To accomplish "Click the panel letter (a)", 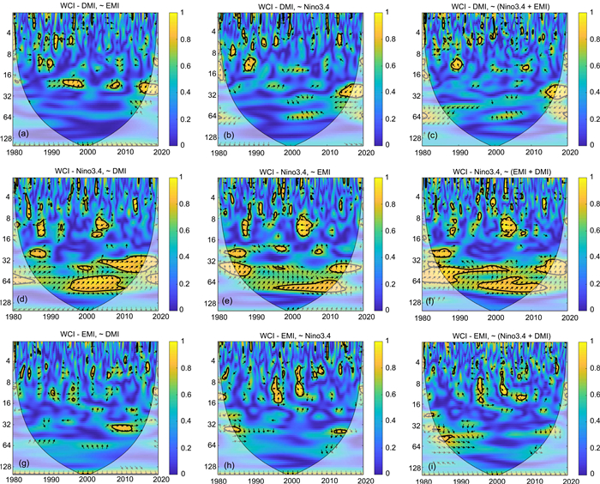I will pyautogui.click(x=28, y=133).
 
